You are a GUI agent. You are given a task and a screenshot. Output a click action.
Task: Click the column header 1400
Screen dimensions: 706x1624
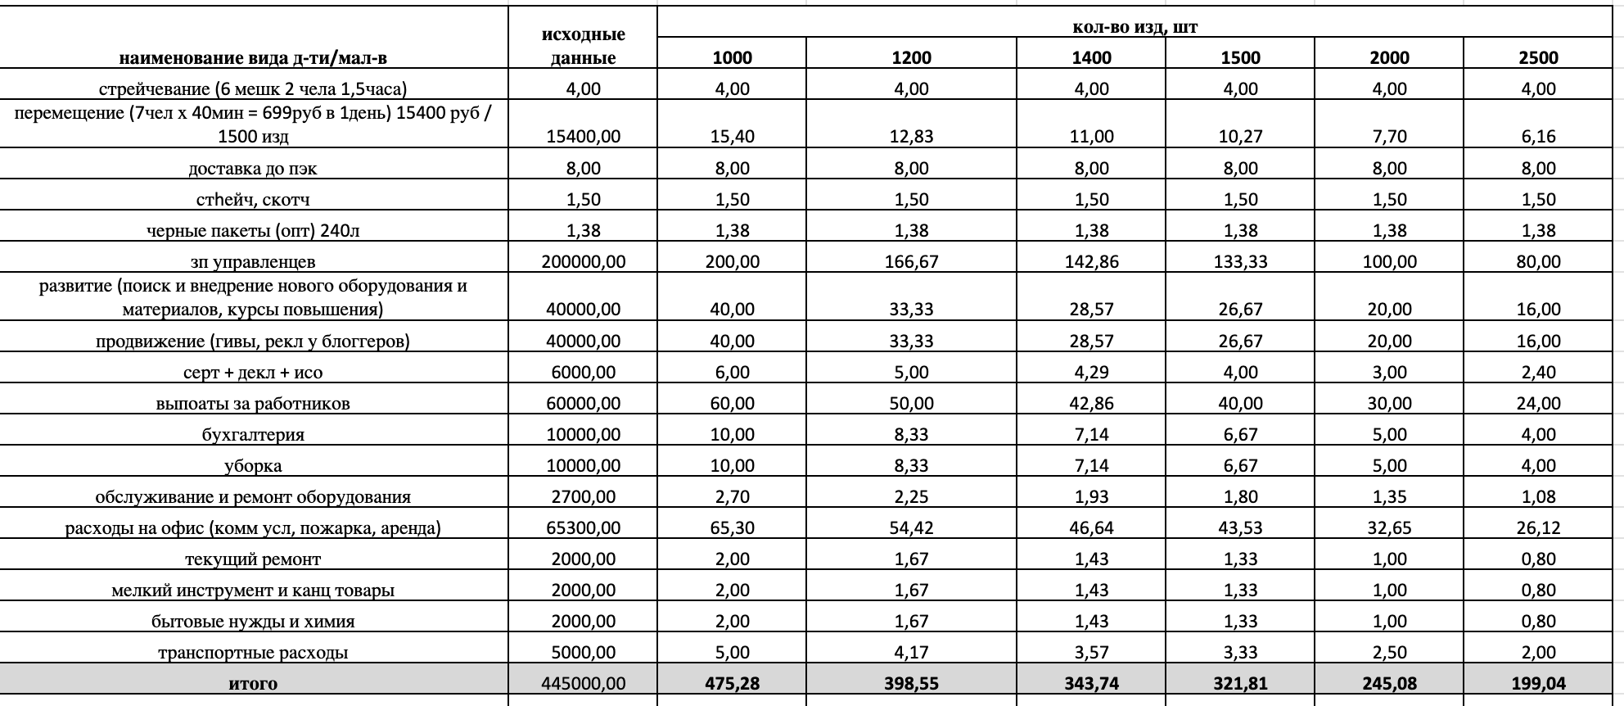click(x=1091, y=57)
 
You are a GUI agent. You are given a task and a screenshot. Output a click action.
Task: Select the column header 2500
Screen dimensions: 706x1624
click(x=1538, y=57)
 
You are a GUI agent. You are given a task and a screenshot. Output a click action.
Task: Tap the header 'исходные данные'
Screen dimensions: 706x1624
click(x=583, y=46)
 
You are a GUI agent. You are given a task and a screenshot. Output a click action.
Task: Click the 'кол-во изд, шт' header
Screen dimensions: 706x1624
click(x=1135, y=27)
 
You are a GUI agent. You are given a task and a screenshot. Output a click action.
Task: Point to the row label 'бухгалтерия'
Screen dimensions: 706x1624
click(x=253, y=435)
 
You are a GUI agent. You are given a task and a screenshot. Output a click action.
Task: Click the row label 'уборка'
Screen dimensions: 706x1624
click(x=253, y=466)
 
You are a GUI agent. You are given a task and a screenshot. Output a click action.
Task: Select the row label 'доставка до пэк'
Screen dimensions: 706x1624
click(x=253, y=169)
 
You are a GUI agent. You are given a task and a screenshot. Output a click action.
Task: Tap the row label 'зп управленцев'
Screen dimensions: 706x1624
click(x=253, y=262)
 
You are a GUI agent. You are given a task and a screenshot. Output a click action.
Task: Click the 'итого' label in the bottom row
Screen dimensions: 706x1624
click(x=253, y=684)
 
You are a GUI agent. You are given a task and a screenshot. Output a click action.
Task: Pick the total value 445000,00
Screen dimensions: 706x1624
click(x=583, y=684)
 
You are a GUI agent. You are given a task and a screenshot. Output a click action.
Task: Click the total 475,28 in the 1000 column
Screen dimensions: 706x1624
click(x=732, y=684)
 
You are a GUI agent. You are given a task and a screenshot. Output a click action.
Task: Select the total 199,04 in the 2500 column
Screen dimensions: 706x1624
click(x=1538, y=684)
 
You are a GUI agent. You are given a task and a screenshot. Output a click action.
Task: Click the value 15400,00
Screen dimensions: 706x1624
click(x=583, y=137)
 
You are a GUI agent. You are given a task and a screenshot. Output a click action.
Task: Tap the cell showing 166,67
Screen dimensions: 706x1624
click(x=911, y=262)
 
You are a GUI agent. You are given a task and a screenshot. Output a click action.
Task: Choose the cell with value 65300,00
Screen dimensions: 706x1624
click(x=583, y=528)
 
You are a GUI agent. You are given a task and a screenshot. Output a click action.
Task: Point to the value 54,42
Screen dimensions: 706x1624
click(x=911, y=528)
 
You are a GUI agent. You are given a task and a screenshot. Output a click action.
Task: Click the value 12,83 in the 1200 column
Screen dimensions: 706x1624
click(x=911, y=137)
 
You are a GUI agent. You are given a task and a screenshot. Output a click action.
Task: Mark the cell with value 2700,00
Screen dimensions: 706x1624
click(x=583, y=497)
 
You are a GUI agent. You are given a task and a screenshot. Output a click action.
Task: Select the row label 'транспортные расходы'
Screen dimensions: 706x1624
click(x=253, y=653)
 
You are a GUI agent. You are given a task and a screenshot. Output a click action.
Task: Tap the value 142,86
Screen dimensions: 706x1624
click(x=1091, y=262)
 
